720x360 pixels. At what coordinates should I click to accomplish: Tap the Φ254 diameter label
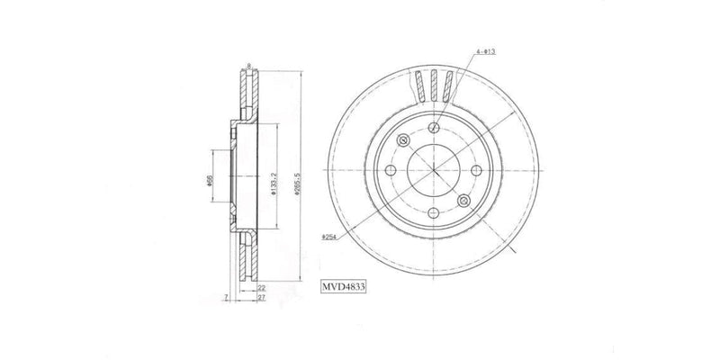point(330,236)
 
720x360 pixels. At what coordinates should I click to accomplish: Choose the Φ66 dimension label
point(209,179)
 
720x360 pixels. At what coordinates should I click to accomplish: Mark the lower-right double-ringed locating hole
point(464,200)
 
